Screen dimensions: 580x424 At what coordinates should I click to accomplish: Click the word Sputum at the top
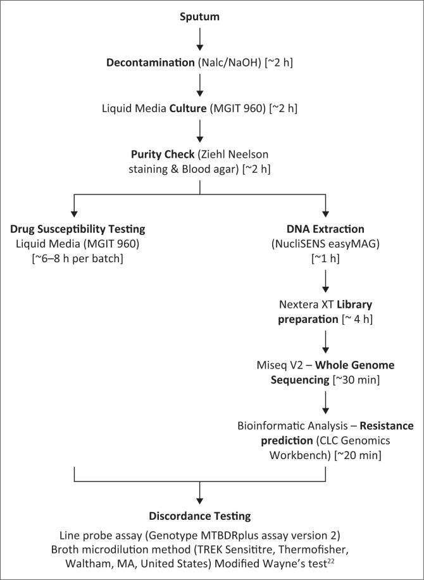(x=199, y=17)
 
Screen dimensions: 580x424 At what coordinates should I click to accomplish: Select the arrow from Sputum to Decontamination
(x=199, y=39)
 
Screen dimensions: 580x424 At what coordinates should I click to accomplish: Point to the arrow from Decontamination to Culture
(x=199, y=87)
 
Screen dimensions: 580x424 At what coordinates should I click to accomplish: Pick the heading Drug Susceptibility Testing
(x=74, y=228)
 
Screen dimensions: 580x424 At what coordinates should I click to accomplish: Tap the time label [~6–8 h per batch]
(x=74, y=258)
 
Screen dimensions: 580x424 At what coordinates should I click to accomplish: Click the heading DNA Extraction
(x=326, y=228)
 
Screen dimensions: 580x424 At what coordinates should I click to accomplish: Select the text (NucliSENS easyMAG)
(x=326, y=243)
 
